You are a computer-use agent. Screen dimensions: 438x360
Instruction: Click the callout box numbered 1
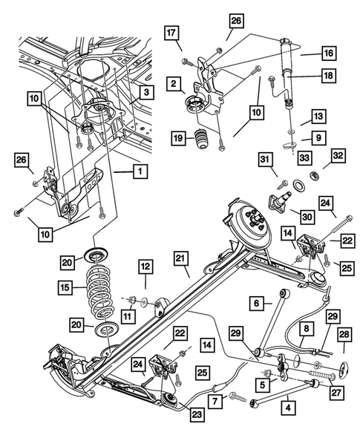pos(138,171)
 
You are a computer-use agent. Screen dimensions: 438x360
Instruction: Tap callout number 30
pos(307,216)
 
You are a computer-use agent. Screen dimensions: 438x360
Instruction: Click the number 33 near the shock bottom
pos(303,157)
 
